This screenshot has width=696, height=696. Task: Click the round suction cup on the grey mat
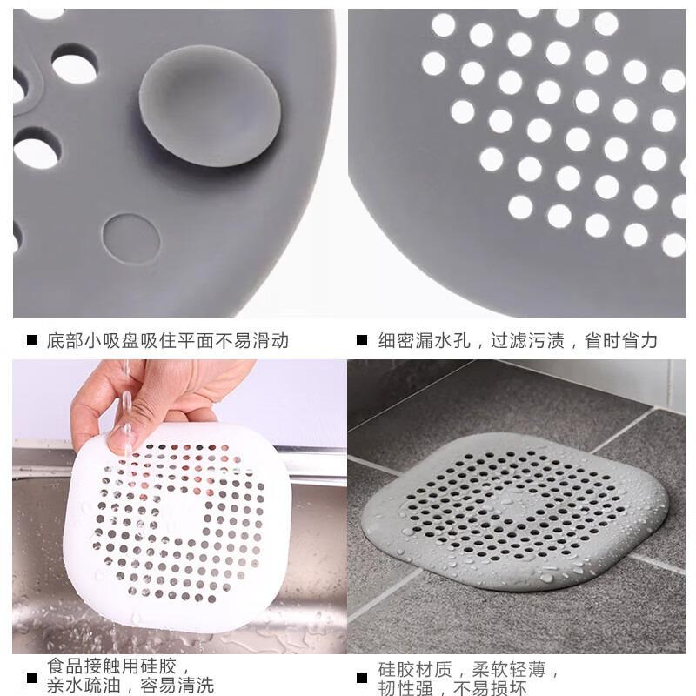click(x=211, y=105)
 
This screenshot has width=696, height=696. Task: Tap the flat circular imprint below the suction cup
click(x=130, y=239)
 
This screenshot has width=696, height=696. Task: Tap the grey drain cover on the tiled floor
click(x=514, y=512)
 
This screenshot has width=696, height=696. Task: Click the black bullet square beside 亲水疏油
click(x=33, y=678)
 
